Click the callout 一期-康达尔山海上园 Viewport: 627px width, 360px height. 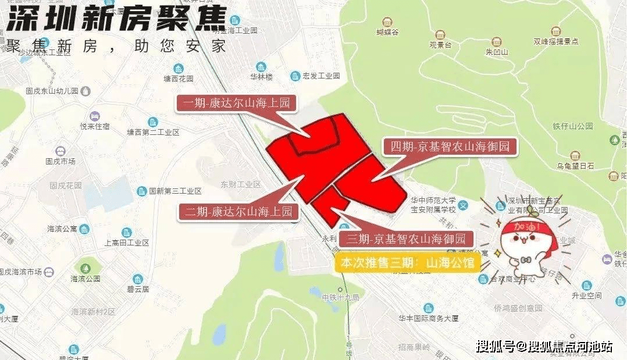point(236,104)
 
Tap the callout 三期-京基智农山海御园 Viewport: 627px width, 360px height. point(407,238)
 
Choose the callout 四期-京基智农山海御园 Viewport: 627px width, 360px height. point(449,147)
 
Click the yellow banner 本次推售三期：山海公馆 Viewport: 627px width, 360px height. point(408,262)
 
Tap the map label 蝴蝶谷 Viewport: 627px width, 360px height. point(387,33)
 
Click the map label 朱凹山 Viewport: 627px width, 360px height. point(497,52)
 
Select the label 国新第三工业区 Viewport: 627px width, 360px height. point(174,191)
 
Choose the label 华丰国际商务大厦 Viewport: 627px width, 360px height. point(429,318)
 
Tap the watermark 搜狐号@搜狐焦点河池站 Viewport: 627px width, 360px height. point(543,347)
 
